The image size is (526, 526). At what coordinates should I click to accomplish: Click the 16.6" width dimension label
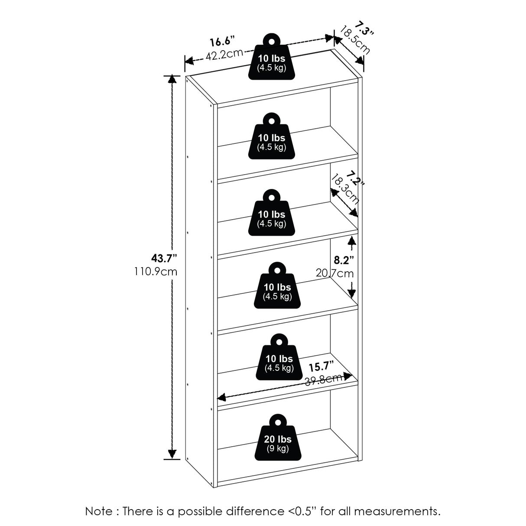pos(222,42)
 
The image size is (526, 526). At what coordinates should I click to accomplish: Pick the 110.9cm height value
pos(156,272)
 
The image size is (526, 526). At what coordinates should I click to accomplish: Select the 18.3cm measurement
pos(345,189)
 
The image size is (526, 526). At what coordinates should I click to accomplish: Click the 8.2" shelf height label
pos(344,260)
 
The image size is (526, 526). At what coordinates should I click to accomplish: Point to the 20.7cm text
pos(334,273)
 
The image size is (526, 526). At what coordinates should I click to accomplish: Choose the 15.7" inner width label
pos(322,367)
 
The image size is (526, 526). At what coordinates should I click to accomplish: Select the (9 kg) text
pos(277,448)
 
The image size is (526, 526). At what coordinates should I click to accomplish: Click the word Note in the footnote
pos(99,511)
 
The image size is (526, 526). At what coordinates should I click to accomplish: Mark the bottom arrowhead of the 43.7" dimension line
pos(172,453)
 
